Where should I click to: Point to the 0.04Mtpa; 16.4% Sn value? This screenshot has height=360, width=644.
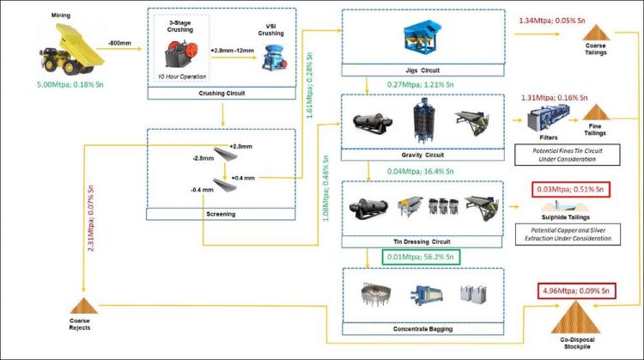(413, 173)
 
